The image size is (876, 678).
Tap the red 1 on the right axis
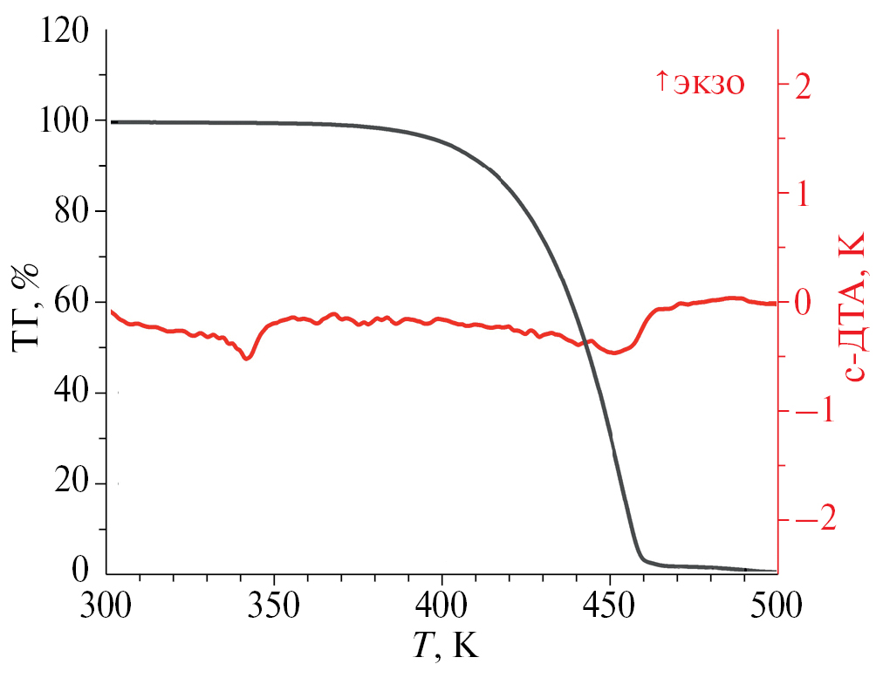802,194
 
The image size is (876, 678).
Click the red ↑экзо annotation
699,84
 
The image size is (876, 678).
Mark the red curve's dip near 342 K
248,358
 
